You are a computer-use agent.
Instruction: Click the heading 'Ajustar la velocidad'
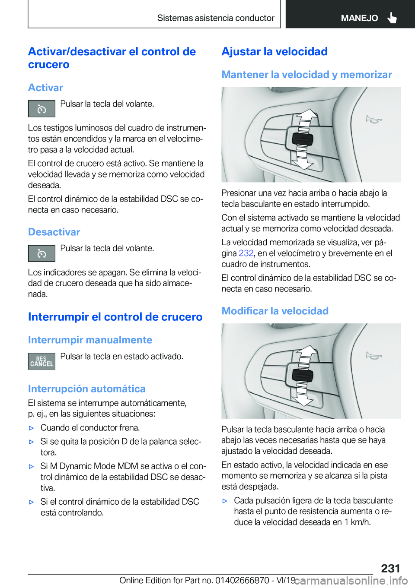[x=275, y=51]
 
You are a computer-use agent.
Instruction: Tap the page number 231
[x=390, y=568]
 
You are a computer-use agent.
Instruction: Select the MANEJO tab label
[x=359, y=18]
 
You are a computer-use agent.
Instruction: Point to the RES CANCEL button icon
[x=41, y=361]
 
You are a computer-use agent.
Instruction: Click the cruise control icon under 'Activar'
[x=41, y=109]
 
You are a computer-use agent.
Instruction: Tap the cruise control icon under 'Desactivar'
[x=41, y=253]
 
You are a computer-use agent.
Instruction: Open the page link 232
[x=246, y=253]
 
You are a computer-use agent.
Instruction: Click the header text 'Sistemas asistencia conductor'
[x=216, y=18]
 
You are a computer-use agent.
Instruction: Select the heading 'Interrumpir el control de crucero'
[x=115, y=317]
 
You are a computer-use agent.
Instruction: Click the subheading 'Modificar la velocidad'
[x=275, y=311]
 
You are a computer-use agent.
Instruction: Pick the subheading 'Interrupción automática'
[x=86, y=389]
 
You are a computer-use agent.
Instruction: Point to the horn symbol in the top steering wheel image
[x=373, y=119]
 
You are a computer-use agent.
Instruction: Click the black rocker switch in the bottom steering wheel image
[x=302, y=375]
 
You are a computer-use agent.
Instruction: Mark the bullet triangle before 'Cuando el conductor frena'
[x=31, y=428]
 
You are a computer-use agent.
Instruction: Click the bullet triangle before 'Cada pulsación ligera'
[x=225, y=501]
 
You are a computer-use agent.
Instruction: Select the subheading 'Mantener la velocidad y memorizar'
[x=306, y=75]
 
